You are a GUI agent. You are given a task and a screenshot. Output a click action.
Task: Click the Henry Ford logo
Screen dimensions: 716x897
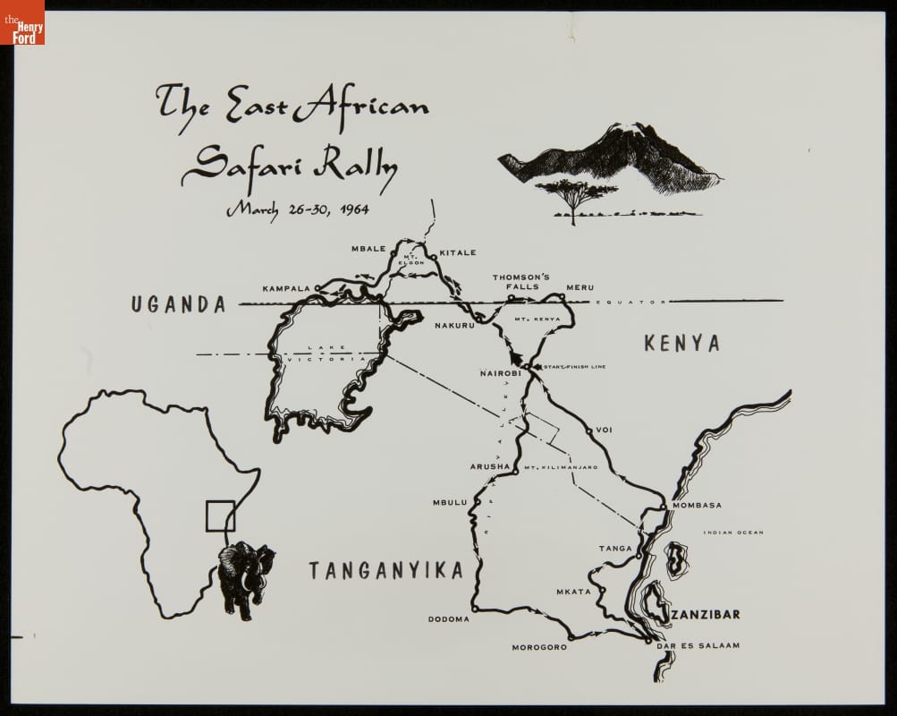click(22, 22)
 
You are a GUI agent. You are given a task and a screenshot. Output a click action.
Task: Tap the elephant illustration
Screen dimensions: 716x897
click(244, 578)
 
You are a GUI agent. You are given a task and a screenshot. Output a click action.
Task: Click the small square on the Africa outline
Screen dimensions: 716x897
click(220, 516)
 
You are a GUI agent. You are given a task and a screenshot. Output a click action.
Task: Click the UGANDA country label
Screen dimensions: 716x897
click(178, 304)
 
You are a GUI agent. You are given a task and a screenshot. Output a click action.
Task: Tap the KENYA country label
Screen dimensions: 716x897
click(681, 344)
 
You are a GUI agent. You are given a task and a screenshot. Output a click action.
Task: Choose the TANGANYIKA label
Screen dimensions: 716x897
click(385, 570)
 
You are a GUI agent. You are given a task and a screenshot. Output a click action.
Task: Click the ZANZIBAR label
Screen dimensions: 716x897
click(706, 615)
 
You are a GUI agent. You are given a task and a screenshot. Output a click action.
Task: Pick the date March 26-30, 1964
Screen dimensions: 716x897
click(297, 209)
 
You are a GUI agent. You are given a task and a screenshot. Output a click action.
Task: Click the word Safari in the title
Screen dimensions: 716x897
click(234, 164)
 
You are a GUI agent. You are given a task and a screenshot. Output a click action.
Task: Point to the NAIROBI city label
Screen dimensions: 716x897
click(500, 372)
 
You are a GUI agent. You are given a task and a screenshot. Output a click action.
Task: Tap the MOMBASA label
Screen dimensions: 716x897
click(697, 505)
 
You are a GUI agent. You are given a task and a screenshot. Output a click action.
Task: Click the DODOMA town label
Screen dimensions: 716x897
click(448, 618)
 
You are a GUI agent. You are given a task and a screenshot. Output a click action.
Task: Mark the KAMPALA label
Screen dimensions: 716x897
click(285, 288)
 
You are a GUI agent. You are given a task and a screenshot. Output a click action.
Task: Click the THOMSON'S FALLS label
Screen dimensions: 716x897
click(520, 282)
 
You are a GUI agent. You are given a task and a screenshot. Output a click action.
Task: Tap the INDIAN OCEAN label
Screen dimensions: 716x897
click(733, 533)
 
